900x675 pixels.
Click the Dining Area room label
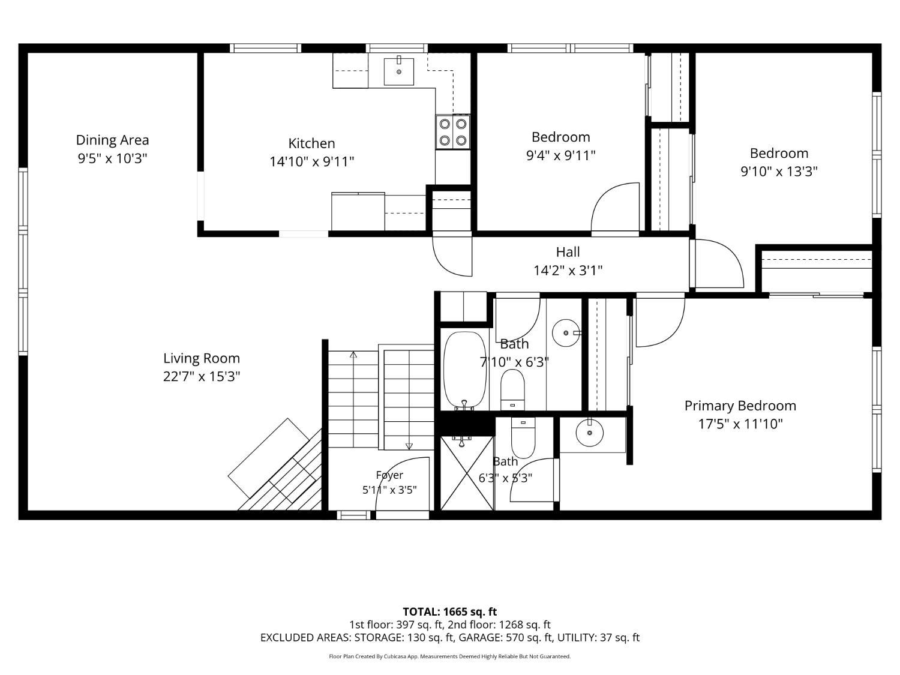(112, 140)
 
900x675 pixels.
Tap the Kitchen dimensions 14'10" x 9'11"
(311, 161)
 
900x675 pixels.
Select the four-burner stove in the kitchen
(452, 132)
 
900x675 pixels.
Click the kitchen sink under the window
(398, 71)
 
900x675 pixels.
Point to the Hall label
(568, 252)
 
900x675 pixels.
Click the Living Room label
(202, 358)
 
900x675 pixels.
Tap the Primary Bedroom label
(740, 406)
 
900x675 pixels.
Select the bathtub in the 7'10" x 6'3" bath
(464, 371)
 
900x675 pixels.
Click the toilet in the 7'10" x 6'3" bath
(512, 389)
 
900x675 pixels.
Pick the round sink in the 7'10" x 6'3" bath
(566, 333)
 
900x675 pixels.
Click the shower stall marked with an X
(467, 473)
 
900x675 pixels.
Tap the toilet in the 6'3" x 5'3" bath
(523, 438)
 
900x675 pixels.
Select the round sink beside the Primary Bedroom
(590, 433)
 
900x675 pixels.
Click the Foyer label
(389, 475)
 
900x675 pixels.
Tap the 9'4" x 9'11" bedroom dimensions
(560, 155)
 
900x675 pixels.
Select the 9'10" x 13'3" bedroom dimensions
(779, 172)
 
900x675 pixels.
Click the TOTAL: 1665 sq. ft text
(450, 612)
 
